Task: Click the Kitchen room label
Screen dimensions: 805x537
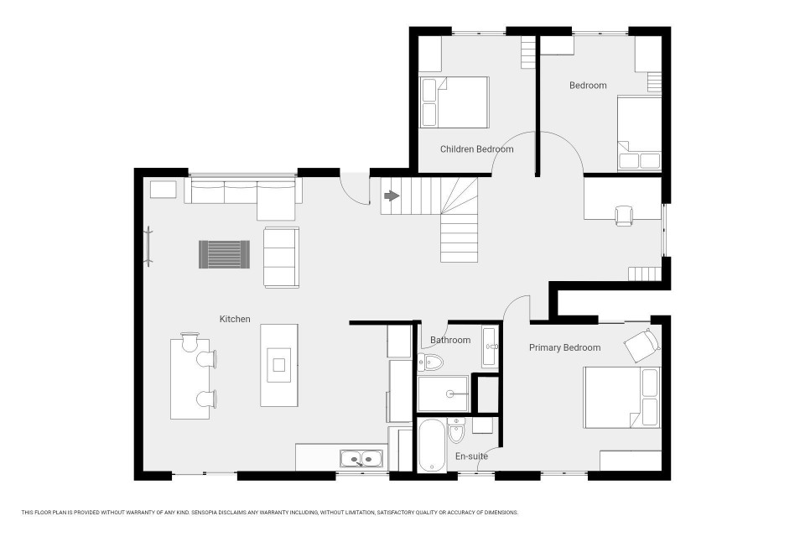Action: pos(235,319)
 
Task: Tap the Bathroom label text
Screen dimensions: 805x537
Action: pos(450,340)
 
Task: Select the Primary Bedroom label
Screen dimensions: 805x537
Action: pos(564,348)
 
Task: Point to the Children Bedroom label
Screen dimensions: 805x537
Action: pos(477,149)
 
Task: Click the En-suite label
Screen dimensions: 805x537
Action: pos(471,456)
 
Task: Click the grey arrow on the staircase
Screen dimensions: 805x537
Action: pos(392,196)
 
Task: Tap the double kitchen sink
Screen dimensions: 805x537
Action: pos(361,459)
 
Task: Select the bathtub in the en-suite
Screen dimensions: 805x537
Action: pos(431,446)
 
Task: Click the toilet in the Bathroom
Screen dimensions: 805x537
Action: pos(429,362)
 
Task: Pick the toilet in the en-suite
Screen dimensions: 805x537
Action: pos(456,430)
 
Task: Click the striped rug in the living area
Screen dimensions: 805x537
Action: pos(225,254)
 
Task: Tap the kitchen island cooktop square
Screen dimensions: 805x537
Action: pos(278,365)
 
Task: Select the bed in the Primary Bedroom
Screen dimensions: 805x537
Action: pos(621,397)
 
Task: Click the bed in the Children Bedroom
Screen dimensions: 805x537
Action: pos(454,102)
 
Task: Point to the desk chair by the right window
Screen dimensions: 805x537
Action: pos(624,216)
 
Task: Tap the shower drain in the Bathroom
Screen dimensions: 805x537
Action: pos(450,394)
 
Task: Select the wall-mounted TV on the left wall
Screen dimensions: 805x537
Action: pos(149,246)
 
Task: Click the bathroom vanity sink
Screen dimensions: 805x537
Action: pos(490,347)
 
